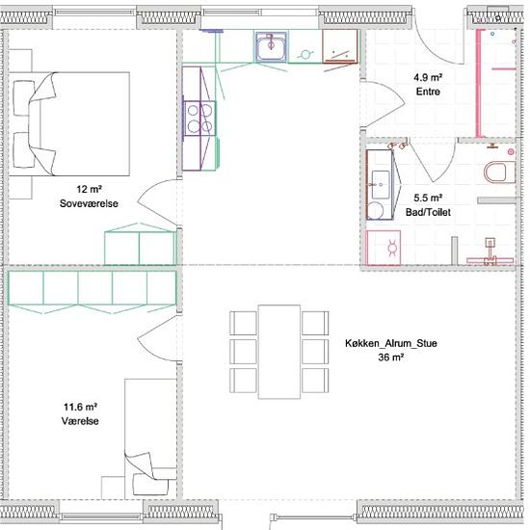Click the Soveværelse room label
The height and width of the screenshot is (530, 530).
pos(89,203)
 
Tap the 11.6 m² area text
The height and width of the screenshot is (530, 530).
pos(80,407)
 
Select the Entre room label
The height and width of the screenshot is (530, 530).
pos(428,92)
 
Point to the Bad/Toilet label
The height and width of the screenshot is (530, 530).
pos(428,212)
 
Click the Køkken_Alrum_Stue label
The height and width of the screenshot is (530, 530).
pos(391,343)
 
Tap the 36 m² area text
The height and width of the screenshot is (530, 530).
pos(391,358)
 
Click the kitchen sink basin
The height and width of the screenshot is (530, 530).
pos(271,47)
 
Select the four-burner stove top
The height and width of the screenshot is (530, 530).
pos(199,119)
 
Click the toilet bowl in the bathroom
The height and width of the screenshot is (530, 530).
pos(499,172)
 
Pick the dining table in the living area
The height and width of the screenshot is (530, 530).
pos(279,352)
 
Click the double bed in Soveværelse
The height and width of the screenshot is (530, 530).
pos(69,123)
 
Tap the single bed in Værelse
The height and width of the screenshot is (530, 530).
pos(150,438)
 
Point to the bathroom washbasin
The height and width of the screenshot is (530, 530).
pos(381,185)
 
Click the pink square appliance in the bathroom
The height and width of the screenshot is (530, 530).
pos(384,248)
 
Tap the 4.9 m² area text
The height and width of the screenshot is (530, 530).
pos(428,77)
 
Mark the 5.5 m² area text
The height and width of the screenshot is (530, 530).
pos(428,198)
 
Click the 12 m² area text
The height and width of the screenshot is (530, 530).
pos(89,189)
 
